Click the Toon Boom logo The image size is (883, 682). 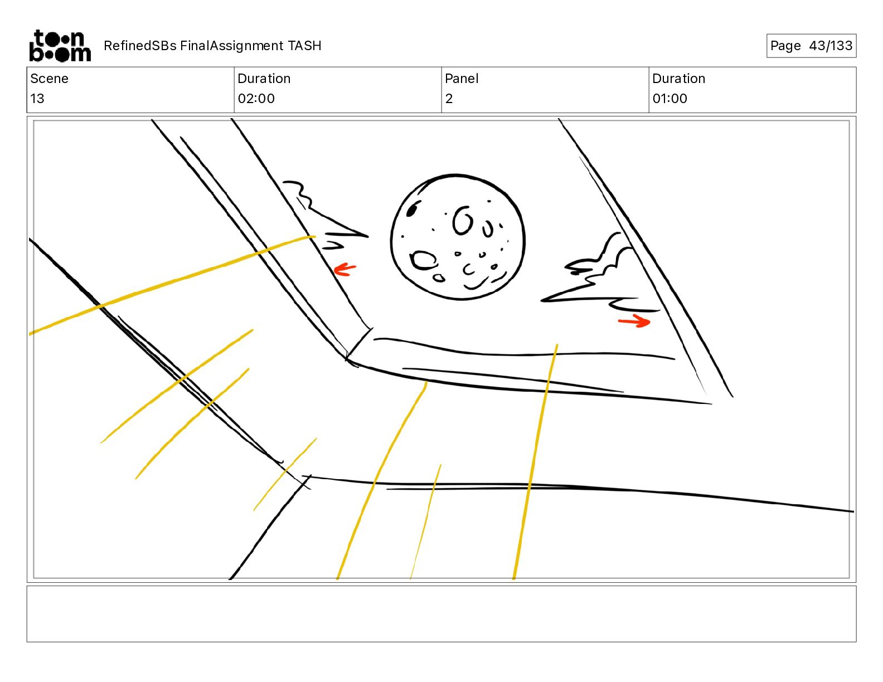60,46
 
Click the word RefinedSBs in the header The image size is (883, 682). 140,46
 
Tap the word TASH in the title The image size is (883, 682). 305,46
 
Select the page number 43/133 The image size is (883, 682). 831,46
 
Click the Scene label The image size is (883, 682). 49,79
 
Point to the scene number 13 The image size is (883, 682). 37,98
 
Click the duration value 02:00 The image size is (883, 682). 256,98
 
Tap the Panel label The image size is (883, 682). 462,79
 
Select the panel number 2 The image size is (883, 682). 449,98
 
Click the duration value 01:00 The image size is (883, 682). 669,98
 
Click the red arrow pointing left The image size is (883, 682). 345,270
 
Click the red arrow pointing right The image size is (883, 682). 634,321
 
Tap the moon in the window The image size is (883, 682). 458,237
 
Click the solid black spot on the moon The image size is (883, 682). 412,210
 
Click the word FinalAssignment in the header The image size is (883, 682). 231,46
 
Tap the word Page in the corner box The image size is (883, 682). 785,46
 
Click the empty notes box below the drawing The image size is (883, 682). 441,614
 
